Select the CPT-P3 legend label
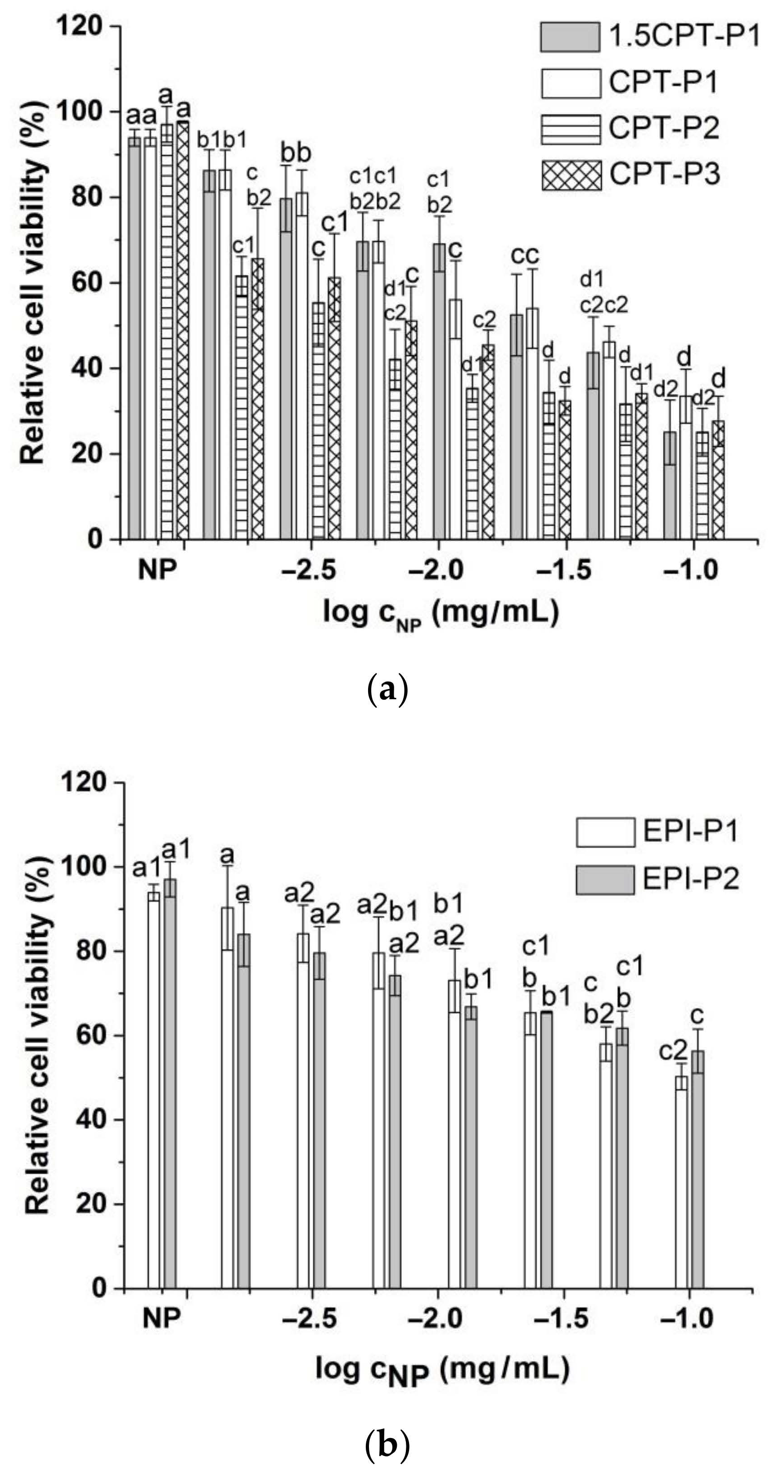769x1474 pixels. tap(664, 174)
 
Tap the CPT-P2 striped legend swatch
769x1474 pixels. tap(571, 129)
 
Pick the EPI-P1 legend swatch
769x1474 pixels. tap(605, 832)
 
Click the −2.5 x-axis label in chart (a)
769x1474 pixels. tap(309, 571)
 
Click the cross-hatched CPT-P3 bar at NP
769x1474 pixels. tap(183, 332)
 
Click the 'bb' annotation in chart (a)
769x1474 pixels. tap(295, 153)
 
